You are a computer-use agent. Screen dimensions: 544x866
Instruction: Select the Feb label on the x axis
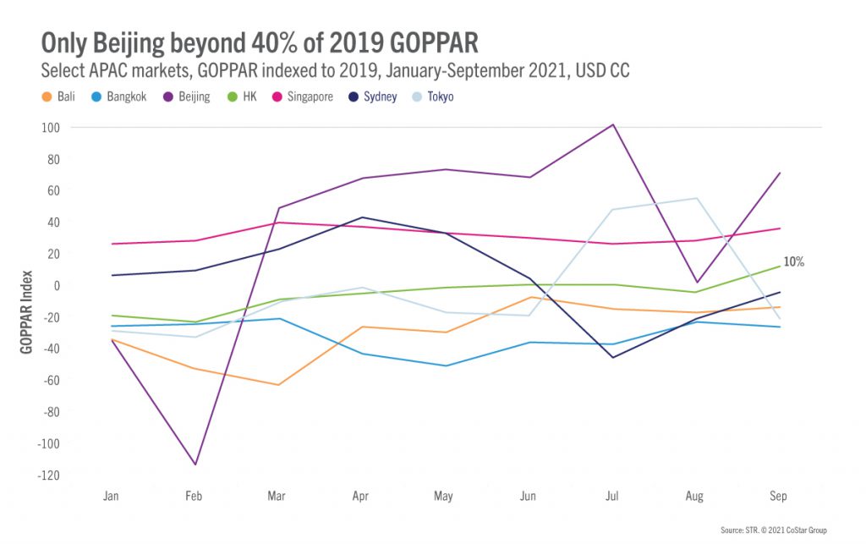(x=194, y=496)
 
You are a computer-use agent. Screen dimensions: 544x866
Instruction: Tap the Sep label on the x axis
(x=779, y=496)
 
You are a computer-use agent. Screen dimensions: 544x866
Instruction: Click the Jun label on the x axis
(x=529, y=496)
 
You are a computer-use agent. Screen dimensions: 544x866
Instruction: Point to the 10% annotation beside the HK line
(x=793, y=262)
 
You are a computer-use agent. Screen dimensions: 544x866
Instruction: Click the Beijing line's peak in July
(x=611, y=124)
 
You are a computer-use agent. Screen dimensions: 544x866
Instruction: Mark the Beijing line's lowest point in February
(x=194, y=464)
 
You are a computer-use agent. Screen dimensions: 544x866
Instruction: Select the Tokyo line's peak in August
(x=695, y=198)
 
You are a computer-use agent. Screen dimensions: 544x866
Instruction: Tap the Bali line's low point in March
(x=277, y=385)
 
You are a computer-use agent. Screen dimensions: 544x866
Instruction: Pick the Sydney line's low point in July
(x=611, y=357)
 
